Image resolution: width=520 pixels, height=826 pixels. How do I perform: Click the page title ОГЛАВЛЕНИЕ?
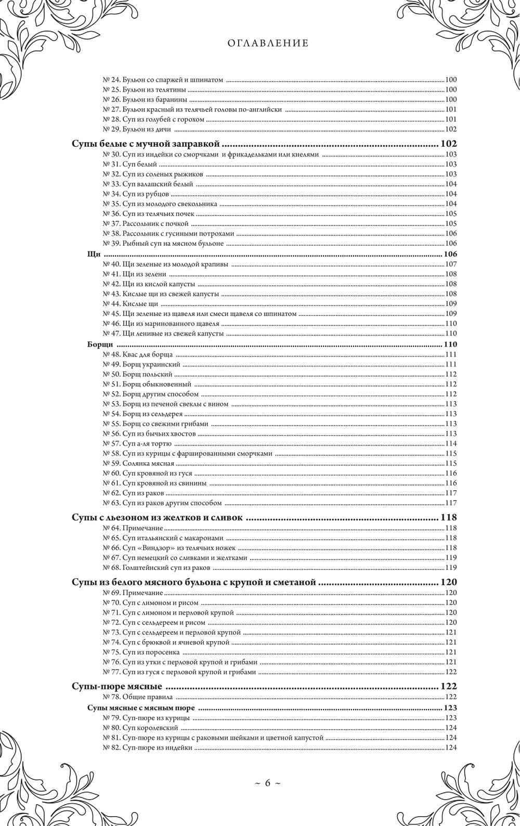tap(268, 44)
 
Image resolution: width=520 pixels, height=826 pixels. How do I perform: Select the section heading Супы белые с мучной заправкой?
tap(146, 144)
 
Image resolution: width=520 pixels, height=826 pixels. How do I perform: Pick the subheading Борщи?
tap(99, 344)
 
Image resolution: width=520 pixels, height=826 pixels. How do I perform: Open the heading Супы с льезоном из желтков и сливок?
tap(158, 517)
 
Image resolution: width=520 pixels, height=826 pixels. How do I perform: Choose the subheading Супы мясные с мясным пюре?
tap(141, 708)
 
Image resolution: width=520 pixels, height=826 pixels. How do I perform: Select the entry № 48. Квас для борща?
tap(139, 354)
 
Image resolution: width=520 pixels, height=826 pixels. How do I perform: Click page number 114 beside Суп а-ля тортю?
tap(450, 443)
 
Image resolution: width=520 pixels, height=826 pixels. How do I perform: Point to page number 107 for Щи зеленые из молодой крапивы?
tap(450, 264)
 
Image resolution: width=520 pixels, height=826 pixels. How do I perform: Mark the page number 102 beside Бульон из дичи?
tap(450, 130)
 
